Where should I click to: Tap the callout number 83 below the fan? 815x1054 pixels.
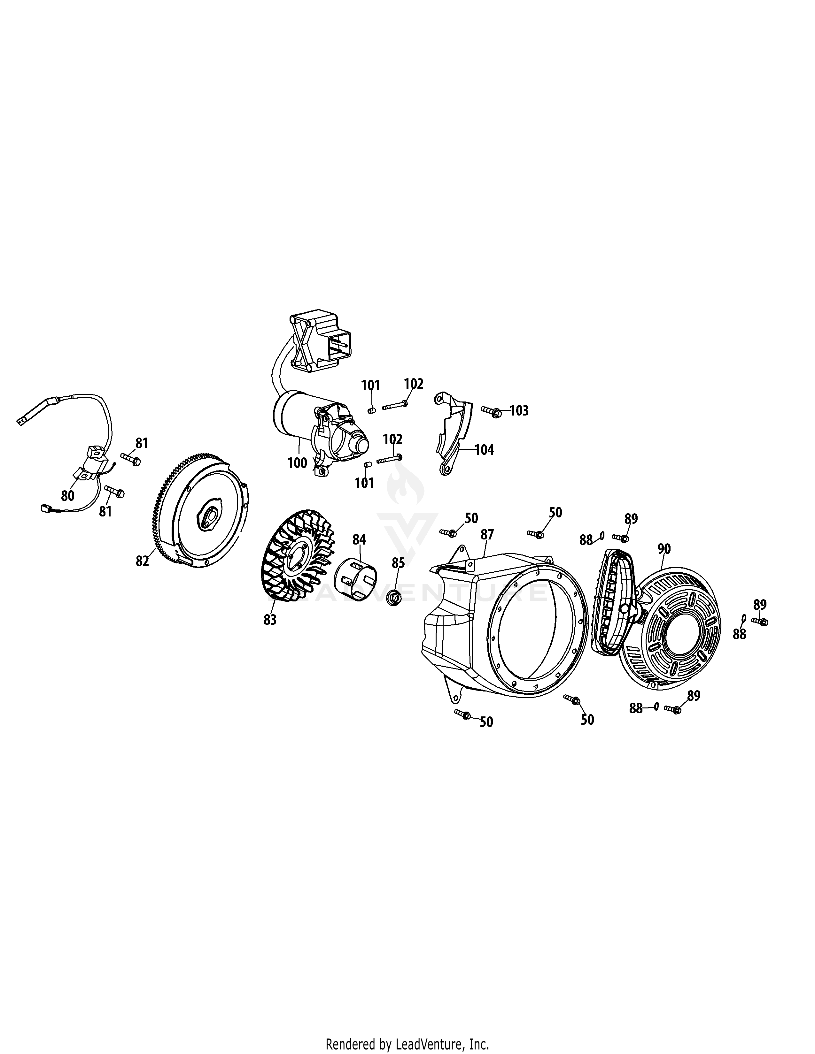click(270, 620)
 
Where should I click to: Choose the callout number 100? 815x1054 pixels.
click(297, 462)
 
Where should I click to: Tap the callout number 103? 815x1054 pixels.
click(519, 411)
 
